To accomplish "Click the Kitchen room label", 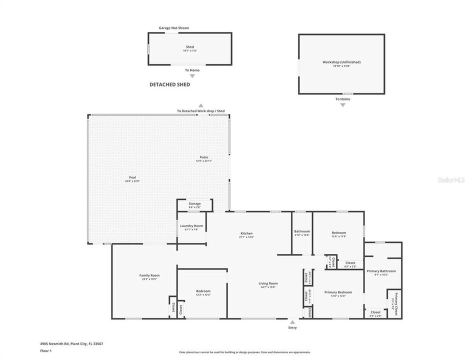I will point(246,233).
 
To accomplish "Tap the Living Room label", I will point(268,283).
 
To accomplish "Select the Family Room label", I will point(149,275).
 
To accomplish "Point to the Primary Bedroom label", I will point(338,292).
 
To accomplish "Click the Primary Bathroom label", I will point(381,271).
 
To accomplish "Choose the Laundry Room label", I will point(192,226).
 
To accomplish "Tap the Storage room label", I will point(194,203).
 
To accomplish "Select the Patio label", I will point(204,157).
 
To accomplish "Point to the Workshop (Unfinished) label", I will point(341,62).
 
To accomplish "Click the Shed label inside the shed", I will point(189,47).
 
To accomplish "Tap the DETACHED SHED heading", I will point(169,85).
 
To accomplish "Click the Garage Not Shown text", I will point(173,28).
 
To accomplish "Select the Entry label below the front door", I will point(292,327).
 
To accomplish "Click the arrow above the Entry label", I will point(292,321).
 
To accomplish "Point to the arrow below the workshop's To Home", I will point(342,105).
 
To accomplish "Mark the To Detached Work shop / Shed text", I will point(200,111).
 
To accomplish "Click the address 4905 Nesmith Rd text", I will point(71,343).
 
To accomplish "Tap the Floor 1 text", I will point(45,351).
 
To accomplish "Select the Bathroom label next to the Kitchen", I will point(302,231).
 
